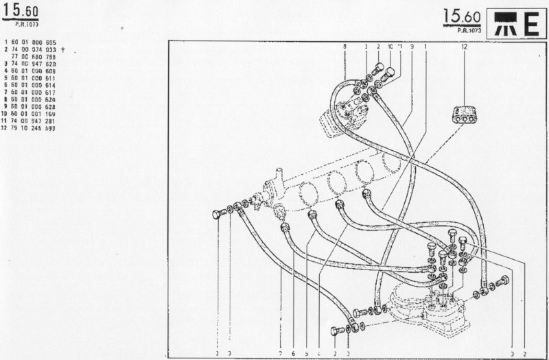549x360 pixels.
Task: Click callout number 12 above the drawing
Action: coord(464,46)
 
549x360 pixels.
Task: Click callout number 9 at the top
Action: coord(411,46)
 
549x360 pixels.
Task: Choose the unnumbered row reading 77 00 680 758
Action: coord(34,58)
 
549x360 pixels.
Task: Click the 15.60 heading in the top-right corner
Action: coord(461,16)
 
